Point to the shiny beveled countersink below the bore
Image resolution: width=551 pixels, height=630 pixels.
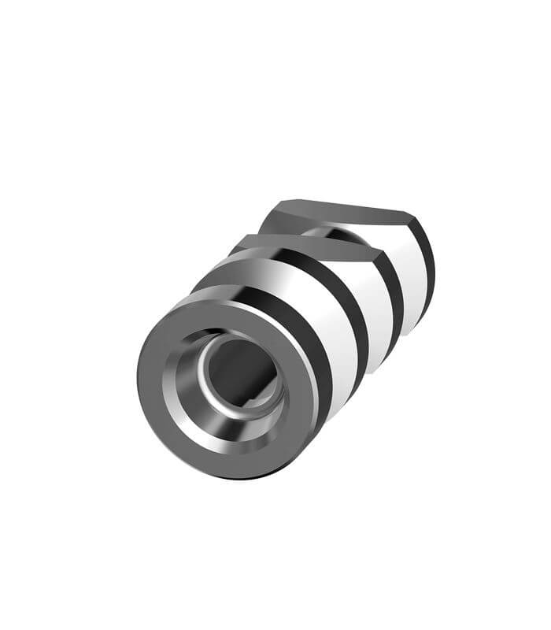[x=228, y=438]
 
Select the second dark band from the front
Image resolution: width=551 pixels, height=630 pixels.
[x=358, y=315]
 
